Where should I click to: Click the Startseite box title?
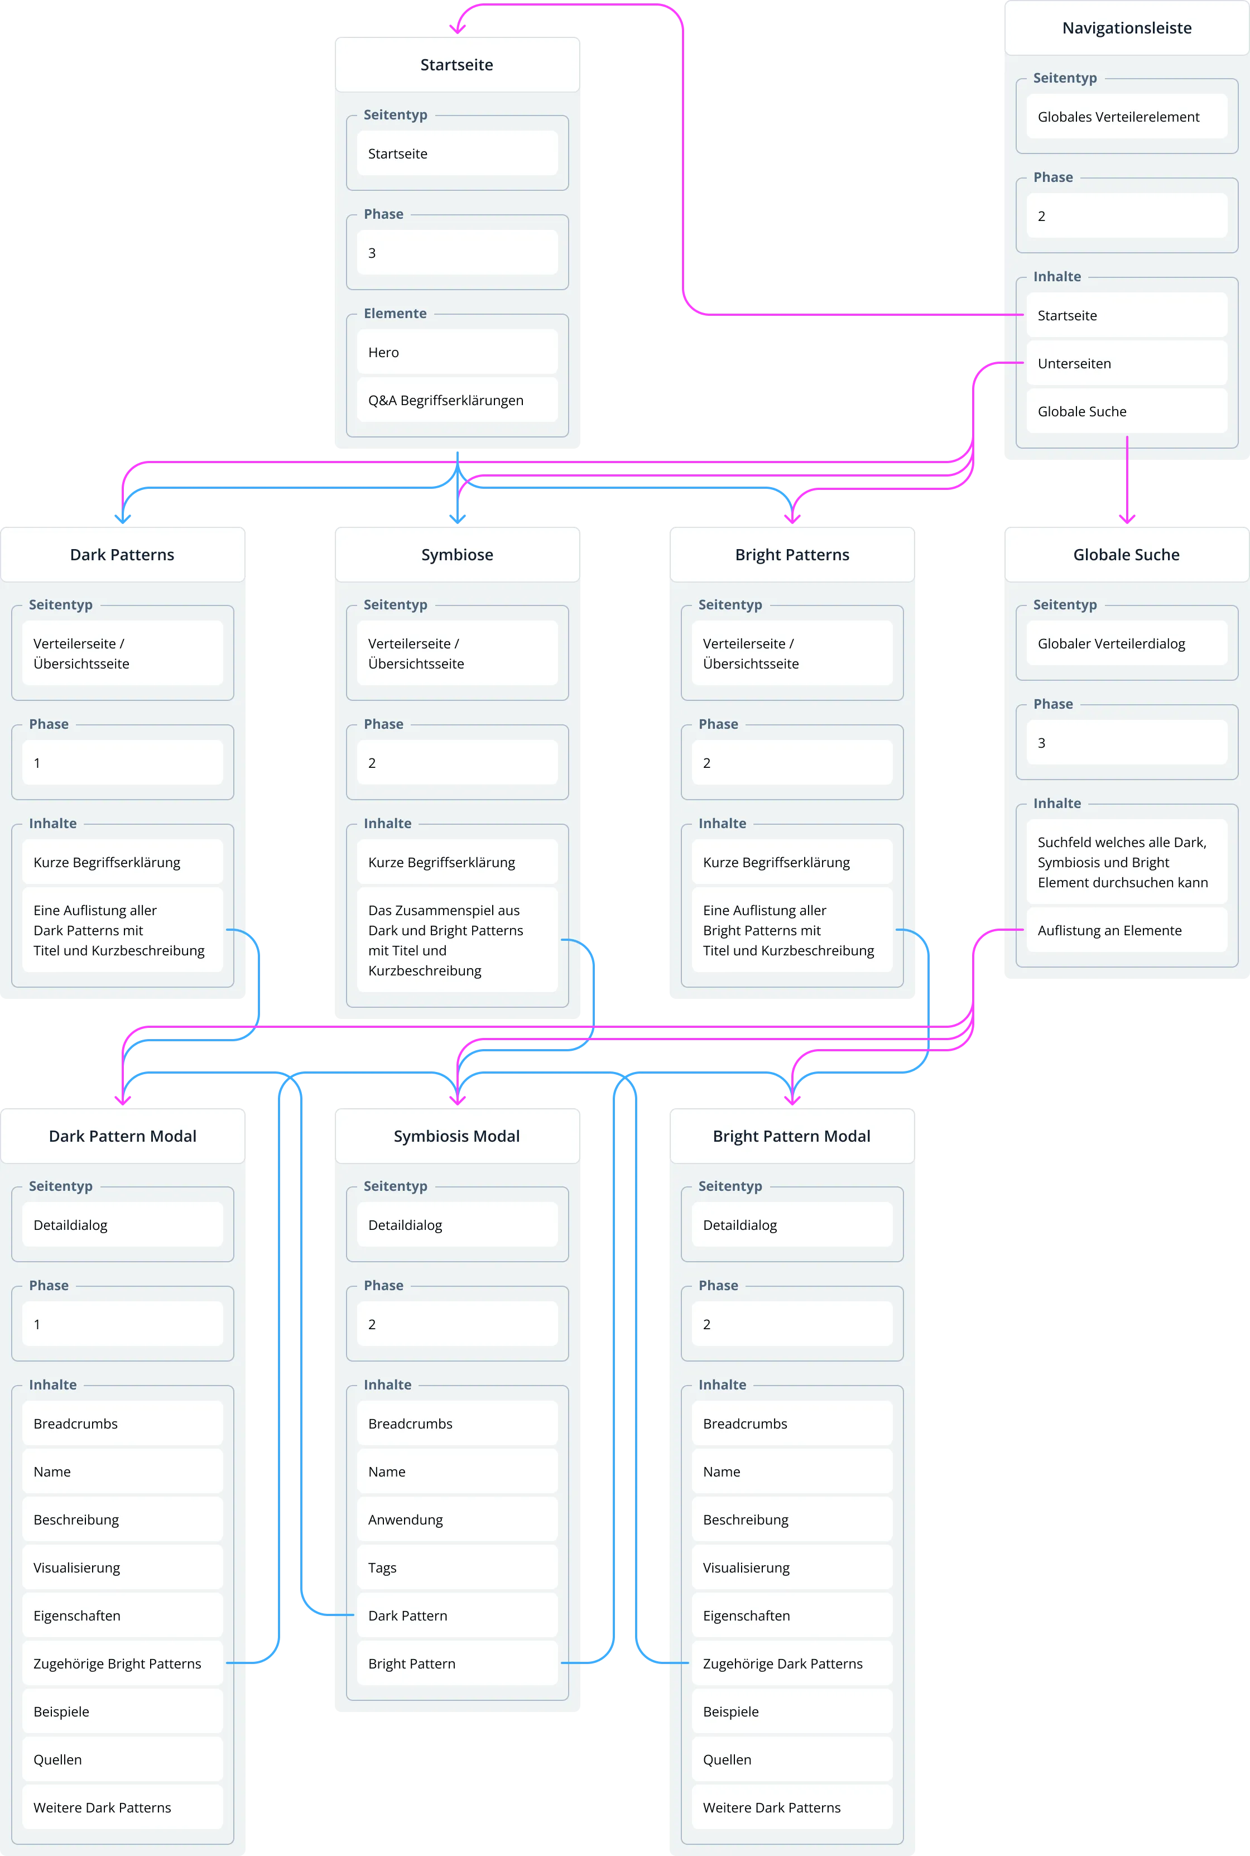tap(457, 65)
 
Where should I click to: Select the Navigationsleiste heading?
tap(1127, 28)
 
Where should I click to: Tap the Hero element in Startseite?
tap(457, 352)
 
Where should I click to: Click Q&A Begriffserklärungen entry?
tap(457, 400)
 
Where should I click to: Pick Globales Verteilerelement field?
tap(1127, 117)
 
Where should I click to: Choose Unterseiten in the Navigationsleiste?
tap(1127, 363)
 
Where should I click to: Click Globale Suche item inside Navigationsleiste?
tap(1127, 411)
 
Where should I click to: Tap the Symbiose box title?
tap(457, 555)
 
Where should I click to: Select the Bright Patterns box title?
tap(792, 555)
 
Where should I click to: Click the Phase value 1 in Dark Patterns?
tap(122, 763)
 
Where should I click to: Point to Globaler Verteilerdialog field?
tap(1127, 643)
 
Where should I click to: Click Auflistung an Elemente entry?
tap(1127, 930)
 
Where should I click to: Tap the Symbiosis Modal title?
tap(457, 1136)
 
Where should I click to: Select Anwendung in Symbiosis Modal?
tap(457, 1520)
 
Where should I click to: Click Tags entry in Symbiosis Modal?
tap(457, 1567)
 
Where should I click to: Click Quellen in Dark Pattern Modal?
tap(122, 1759)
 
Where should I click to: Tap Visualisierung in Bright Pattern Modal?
tap(792, 1567)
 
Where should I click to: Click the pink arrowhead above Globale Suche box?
tap(1127, 519)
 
